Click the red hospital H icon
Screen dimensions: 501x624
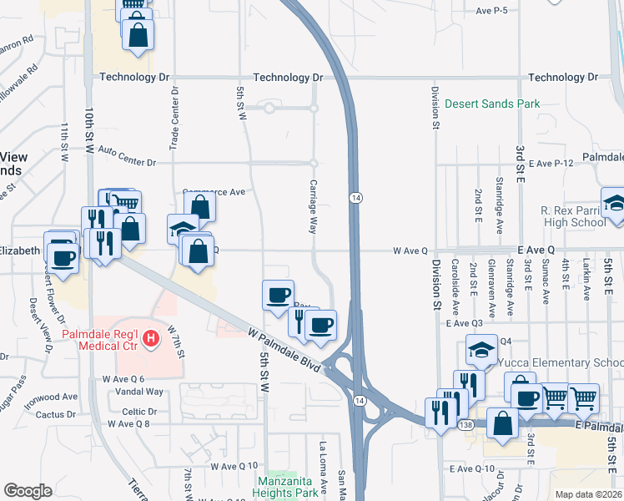151,338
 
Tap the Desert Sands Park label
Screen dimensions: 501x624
491,104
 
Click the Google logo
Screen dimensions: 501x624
28,491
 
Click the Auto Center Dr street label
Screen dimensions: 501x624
128,150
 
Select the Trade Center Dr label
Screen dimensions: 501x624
174,118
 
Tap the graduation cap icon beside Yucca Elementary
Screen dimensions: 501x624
481,348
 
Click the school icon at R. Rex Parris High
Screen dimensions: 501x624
615,205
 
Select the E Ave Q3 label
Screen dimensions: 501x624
465,323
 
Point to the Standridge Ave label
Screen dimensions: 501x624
499,204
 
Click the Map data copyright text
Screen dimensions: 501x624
589,494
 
